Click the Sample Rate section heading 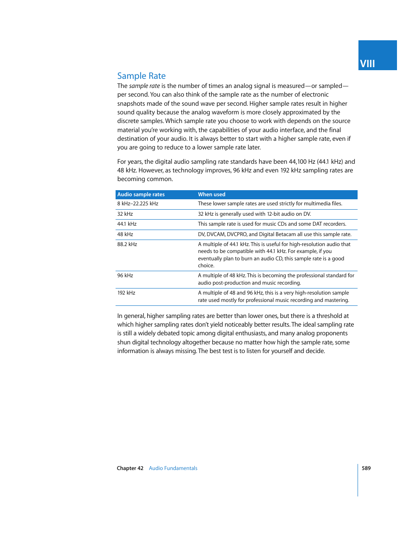tap(141, 76)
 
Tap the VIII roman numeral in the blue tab tap(367, 64)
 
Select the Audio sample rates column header tap(141, 195)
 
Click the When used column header tap(212, 195)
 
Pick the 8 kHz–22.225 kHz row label tap(138, 204)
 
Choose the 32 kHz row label tap(125, 214)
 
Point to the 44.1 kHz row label tap(127, 224)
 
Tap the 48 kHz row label tap(125, 234)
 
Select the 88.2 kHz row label tap(127, 244)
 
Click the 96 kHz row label tap(125, 276)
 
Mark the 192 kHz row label tap(126, 293)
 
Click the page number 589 tap(366, 468)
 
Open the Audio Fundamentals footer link tap(173, 468)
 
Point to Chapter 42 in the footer tap(130, 468)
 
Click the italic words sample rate tap(145, 86)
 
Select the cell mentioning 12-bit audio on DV tap(255, 214)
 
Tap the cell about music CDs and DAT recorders tap(272, 224)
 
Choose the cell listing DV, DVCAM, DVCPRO tap(274, 234)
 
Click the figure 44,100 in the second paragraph tap(298, 162)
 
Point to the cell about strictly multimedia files tap(270, 204)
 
